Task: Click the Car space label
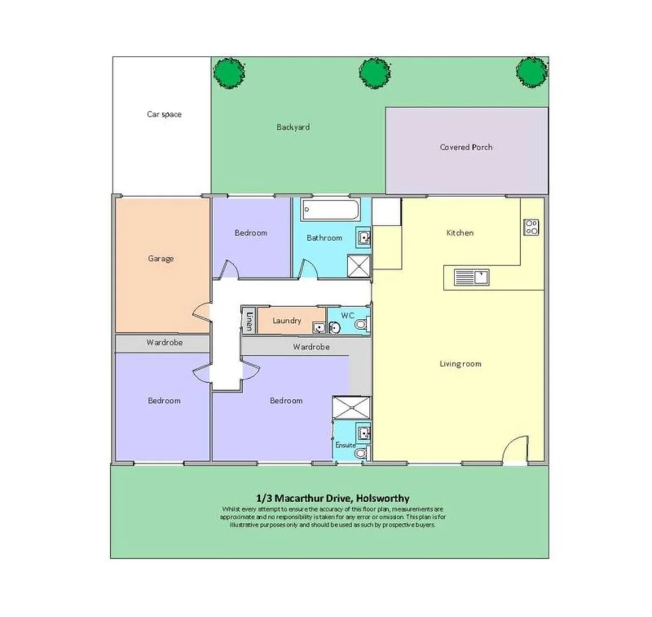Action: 164,114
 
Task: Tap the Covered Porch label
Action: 466,147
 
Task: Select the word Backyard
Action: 293,127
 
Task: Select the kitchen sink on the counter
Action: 472,278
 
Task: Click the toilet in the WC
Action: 360,325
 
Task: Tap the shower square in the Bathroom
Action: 359,265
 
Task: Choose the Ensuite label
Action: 345,445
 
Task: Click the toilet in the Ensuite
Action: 360,453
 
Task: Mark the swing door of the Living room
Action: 514,448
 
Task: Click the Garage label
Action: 160,258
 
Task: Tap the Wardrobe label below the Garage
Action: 164,343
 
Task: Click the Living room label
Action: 460,363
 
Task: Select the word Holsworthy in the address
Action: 384,498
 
